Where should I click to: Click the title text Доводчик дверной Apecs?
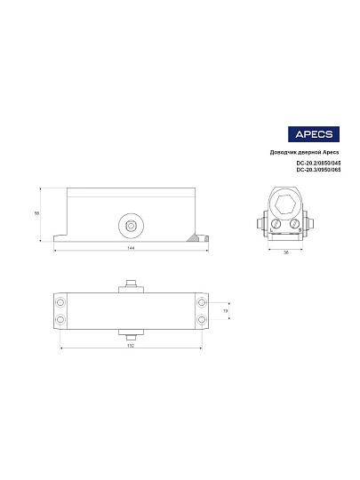[x=305, y=152]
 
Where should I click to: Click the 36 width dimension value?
[x=286, y=252]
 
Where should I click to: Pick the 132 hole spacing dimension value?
[x=130, y=347]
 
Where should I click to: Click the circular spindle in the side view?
[x=131, y=226]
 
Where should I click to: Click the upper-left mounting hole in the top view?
[x=60, y=302]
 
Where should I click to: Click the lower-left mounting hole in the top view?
[x=60, y=317]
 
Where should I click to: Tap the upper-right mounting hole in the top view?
[x=202, y=302]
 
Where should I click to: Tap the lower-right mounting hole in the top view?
[x=202, y=317]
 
